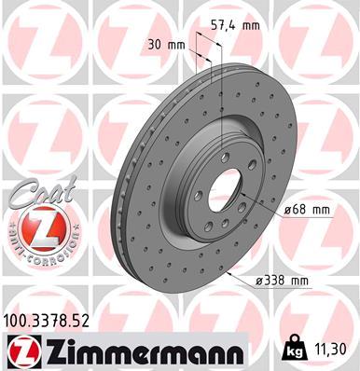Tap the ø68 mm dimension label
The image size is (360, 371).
click(307, 210)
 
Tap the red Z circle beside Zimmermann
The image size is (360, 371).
click(18, 350)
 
